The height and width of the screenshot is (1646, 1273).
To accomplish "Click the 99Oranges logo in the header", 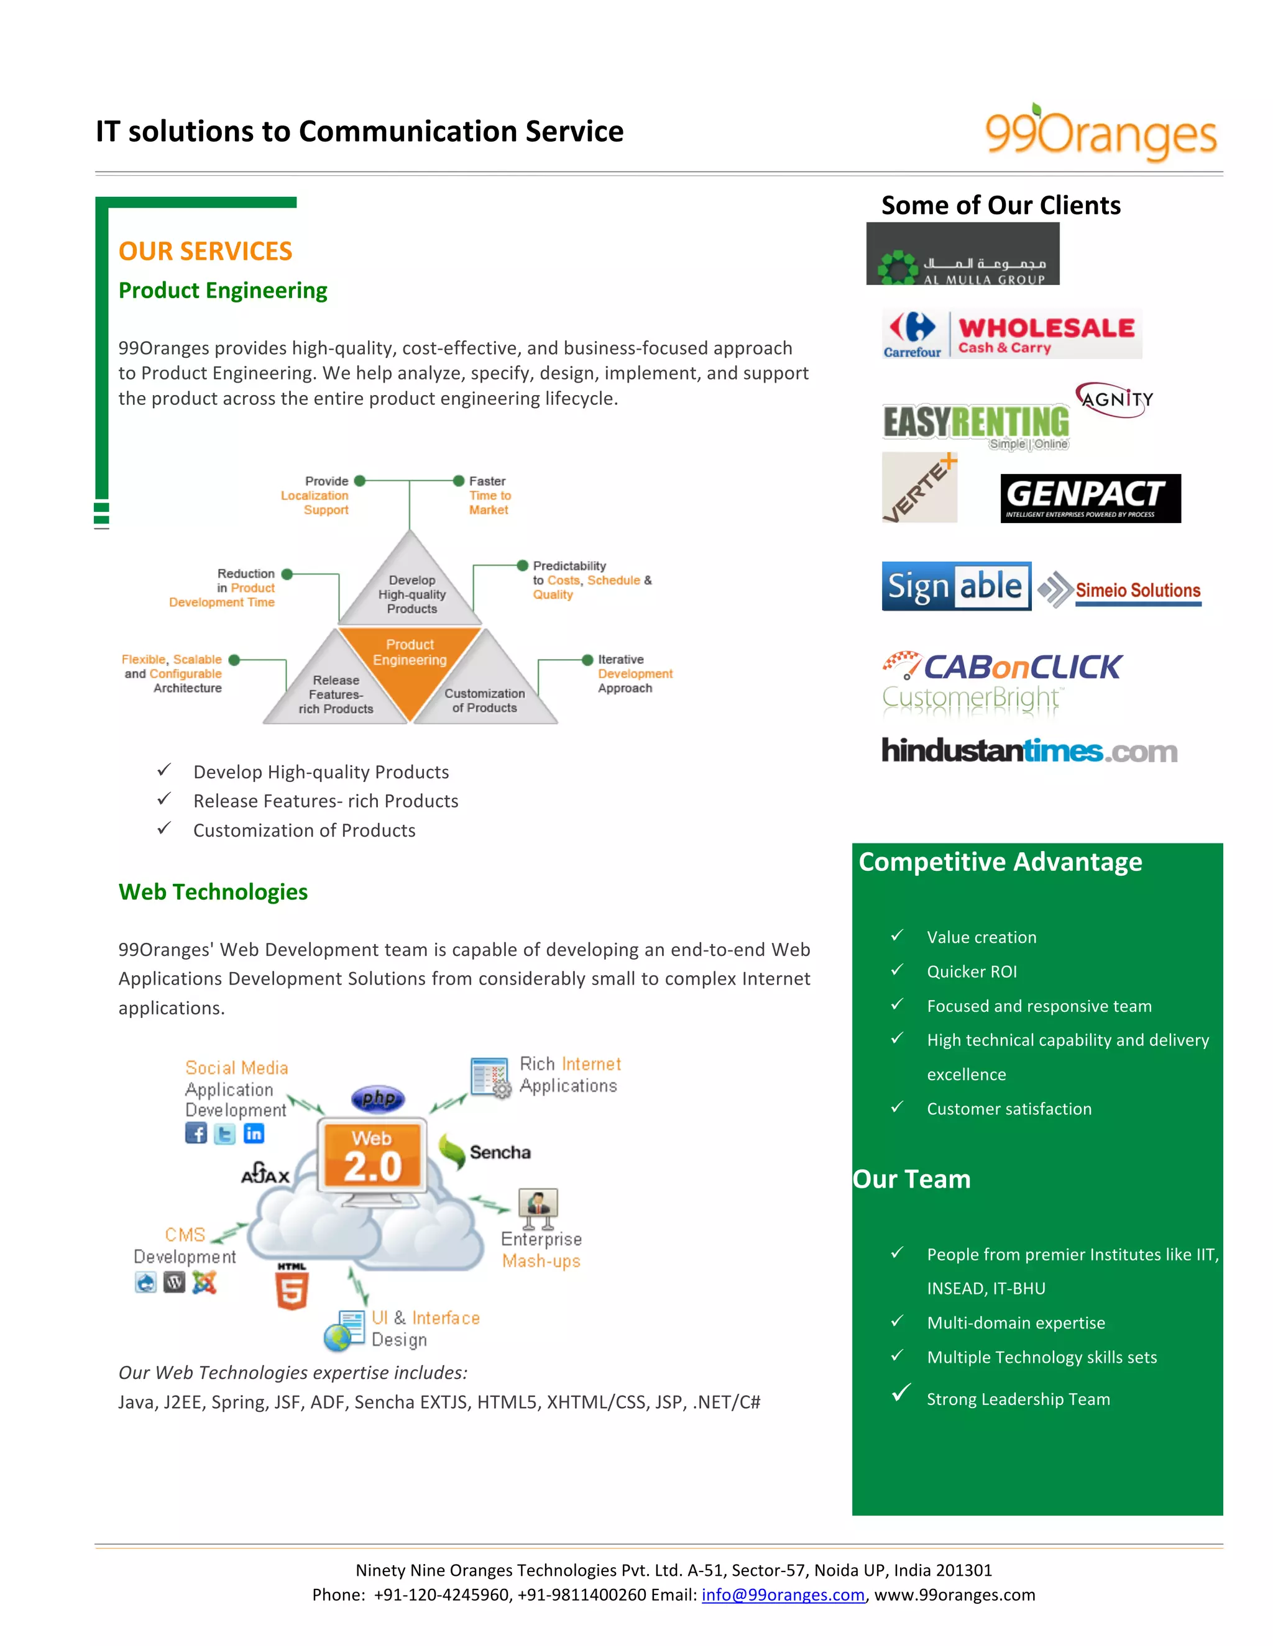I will pyautogui.click(x=1100, y=134).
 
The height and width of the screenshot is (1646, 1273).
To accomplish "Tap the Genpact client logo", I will pyautogui.click(x=1090, y=498).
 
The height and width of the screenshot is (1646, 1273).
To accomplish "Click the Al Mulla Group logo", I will pyautogui.click(x=962, y=254).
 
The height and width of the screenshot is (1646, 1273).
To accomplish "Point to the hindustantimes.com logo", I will pyautogui.click(x=1029, y=751).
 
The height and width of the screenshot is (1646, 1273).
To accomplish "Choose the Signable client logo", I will pyautogui.click(x=955, y=586).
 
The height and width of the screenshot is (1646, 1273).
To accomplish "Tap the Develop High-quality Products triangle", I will pyautogui.click(x=410, y=587).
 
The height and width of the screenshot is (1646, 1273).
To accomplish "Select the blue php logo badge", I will pyautogui.click(x=378, y=1098).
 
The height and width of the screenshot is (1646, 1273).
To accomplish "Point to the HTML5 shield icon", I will pyautogui.click(x=292, y=1290).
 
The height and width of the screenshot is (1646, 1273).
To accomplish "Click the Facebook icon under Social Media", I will pyautogui.click(x=196, y=1133).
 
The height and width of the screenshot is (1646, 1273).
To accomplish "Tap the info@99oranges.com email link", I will pyautogui.click(x=783, y=1594).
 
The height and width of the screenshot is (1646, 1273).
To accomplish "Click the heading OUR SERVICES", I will pyautogui.click(x=205, y=251).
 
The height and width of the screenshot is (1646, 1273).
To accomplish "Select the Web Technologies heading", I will pyautogui.click(x=213, y=891).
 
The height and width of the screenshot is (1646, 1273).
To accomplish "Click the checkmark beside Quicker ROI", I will pyautogui.click(x=897, y=970).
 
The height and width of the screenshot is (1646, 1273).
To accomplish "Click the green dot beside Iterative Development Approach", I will pyautogui.click(x=587, y=660).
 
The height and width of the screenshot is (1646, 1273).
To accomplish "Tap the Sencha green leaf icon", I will pyautogui.click(x=452, y=1151).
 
